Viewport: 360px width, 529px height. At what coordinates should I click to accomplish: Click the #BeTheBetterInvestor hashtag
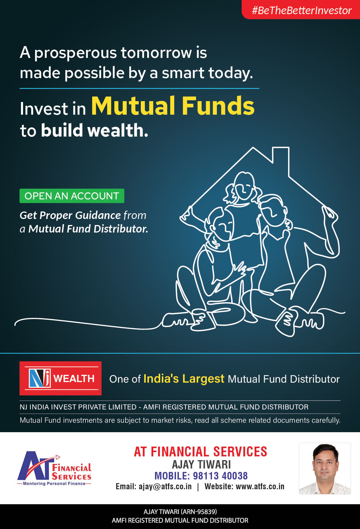point(302,10)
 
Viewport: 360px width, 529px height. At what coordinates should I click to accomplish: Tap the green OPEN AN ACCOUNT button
point(72,196)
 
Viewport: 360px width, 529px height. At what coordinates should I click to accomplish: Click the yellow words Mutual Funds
point(173,106)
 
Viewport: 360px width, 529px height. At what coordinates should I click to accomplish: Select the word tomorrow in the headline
point(156,53)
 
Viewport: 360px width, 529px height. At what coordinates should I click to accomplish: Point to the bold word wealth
point(118,130)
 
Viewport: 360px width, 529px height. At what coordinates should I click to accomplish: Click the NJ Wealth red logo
point(60,378)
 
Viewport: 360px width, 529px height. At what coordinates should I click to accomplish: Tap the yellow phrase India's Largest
point(184,379)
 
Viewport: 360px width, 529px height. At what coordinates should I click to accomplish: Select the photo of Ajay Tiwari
point(325,468)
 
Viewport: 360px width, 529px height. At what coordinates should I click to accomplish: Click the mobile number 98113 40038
point(220,476)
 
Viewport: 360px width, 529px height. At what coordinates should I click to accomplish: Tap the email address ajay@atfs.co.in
point(165,487)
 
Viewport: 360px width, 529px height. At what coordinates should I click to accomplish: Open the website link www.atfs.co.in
point(260,486)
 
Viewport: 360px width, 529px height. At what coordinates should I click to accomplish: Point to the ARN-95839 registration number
point(199,512)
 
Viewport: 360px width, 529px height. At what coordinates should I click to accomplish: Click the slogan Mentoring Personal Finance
point(54,483)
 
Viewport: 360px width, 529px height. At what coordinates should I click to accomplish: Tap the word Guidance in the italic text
point(98,216)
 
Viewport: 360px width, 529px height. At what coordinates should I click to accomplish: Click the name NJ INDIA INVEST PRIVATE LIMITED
point(78,407)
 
